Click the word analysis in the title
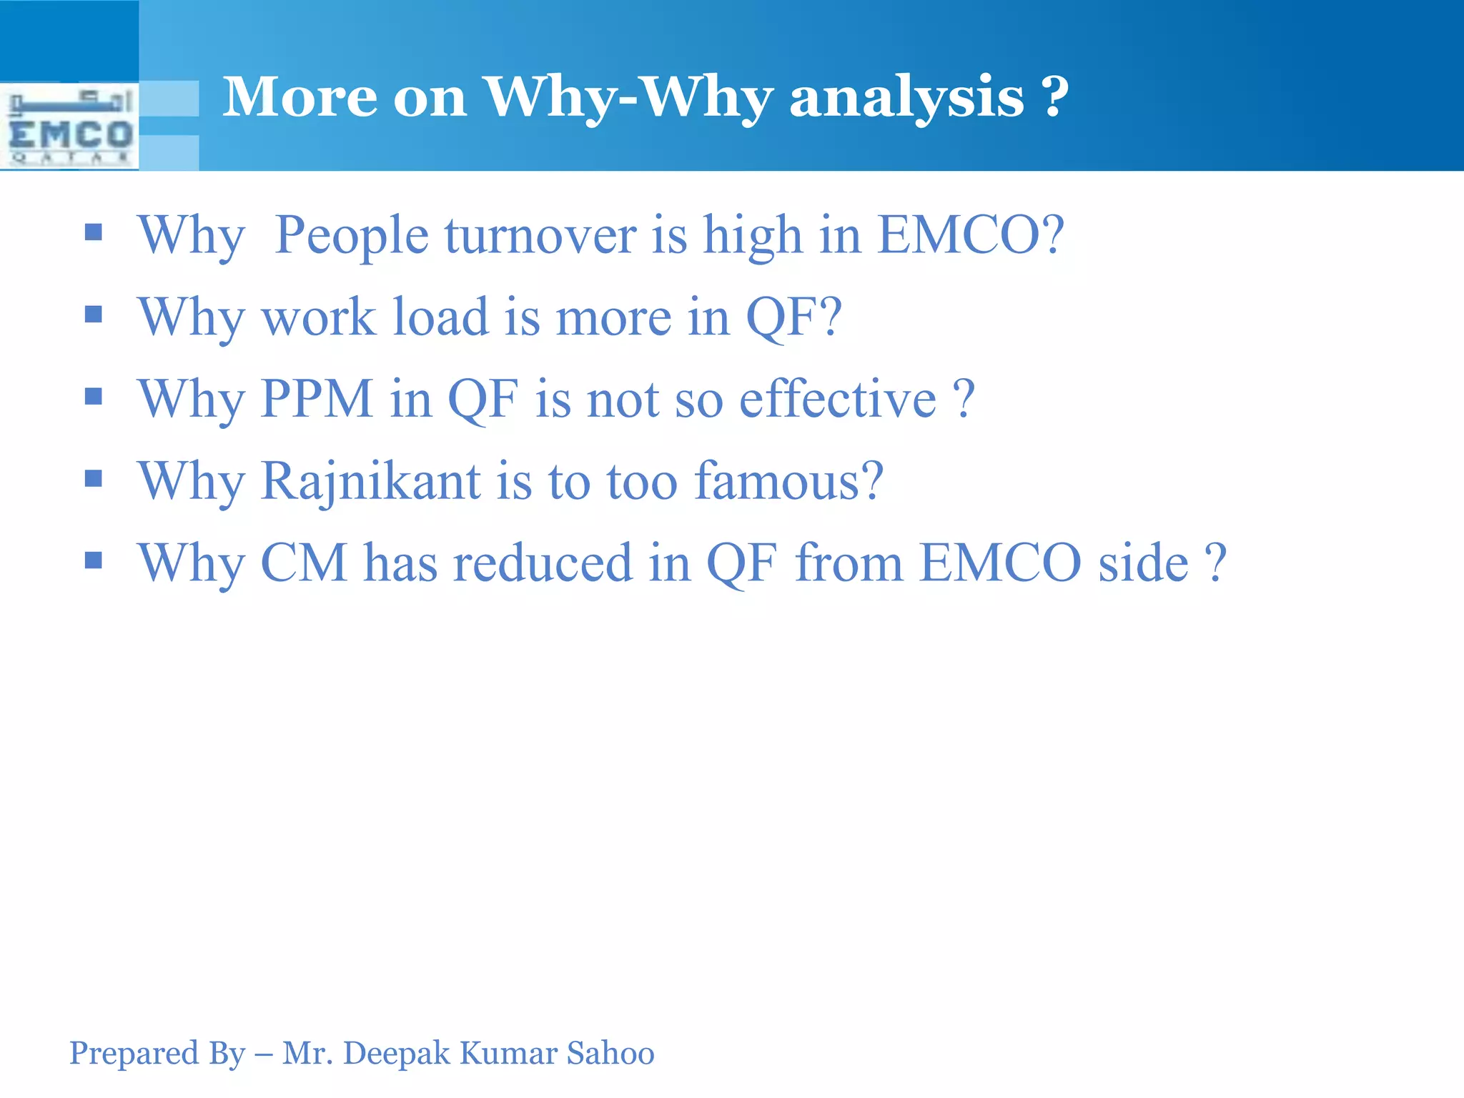click(x=906, y=98)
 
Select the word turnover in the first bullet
click(x=540, y=236)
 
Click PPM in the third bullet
click(x=317, y=399)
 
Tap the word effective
click(x=837, y=399)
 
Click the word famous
click(x=788, y=480)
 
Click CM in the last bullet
click(x=304, y=563)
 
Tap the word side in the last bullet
click(x=1142, y=563)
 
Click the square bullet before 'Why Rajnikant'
click(x=94, y=478)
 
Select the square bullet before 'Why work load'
click(x=94, y=314)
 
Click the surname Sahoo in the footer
click(x=610, y=1053)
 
